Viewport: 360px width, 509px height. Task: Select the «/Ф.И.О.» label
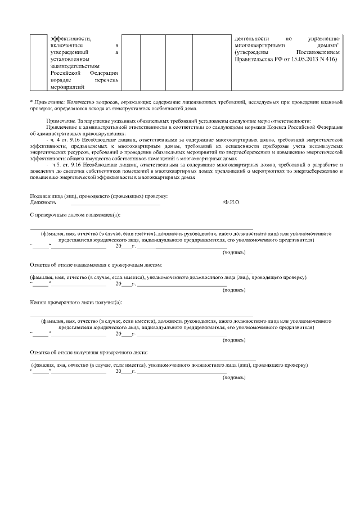(231, 202)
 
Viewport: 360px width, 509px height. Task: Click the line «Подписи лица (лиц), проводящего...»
(98, 196)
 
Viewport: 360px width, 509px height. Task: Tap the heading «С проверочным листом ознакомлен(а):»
(75, 215)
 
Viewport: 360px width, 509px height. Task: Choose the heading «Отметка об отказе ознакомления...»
(96, 264)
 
